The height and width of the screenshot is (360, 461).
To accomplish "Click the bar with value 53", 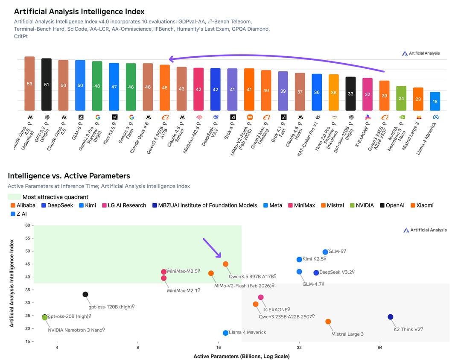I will point(29,84).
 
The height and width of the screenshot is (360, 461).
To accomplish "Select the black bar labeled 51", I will point(47,85).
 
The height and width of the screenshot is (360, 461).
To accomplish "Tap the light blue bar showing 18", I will point(435,101).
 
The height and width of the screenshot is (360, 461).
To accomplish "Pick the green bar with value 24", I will point(401,98).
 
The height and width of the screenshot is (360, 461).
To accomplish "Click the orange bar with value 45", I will point(165,88).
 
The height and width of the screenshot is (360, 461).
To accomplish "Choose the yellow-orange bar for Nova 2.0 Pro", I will point(333,92).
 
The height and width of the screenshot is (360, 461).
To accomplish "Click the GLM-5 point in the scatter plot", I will point(325,252).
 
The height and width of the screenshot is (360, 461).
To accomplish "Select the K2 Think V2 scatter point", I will point(390,317).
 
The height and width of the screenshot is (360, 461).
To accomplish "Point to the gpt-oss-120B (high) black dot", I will point(85,294).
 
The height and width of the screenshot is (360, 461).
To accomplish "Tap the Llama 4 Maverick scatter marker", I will point(225,333).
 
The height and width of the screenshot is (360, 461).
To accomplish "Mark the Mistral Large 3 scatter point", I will point(328,322).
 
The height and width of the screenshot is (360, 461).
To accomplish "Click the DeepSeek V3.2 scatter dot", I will point(316,272).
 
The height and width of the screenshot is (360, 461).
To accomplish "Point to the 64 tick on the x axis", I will point(379,348).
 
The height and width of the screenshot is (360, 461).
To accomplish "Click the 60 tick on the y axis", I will point(28,225).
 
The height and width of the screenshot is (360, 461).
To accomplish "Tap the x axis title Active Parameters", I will point(241,356).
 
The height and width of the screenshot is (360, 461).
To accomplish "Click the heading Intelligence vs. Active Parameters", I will point(69,176).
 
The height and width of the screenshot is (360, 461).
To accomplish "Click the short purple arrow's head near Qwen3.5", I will point(219,256).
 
